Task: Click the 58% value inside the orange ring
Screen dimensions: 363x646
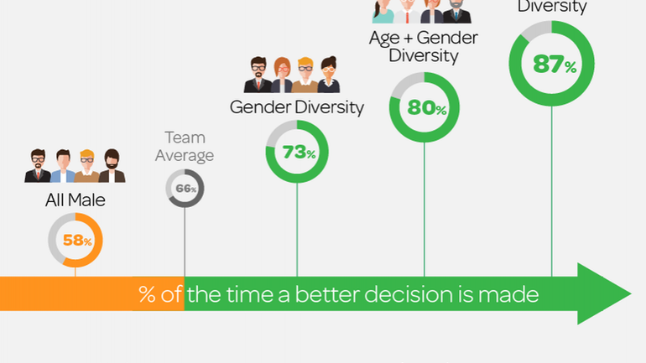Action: (76, 241)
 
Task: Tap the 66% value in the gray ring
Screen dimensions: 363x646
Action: (185, 189)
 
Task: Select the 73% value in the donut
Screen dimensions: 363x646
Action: (298, 153)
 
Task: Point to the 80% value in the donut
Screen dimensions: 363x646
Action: (426, 108)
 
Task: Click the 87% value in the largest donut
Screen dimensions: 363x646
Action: (553, 64)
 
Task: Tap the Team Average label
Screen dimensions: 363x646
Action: (185, 146)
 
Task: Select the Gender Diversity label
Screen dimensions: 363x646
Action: (297, 107)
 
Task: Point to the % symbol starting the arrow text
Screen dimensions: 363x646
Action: (148, 295)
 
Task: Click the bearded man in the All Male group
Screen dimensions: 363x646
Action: (112, 165)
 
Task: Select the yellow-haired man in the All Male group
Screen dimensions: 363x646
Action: (87, 165)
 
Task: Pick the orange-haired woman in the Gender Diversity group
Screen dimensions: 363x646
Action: (282, 74)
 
